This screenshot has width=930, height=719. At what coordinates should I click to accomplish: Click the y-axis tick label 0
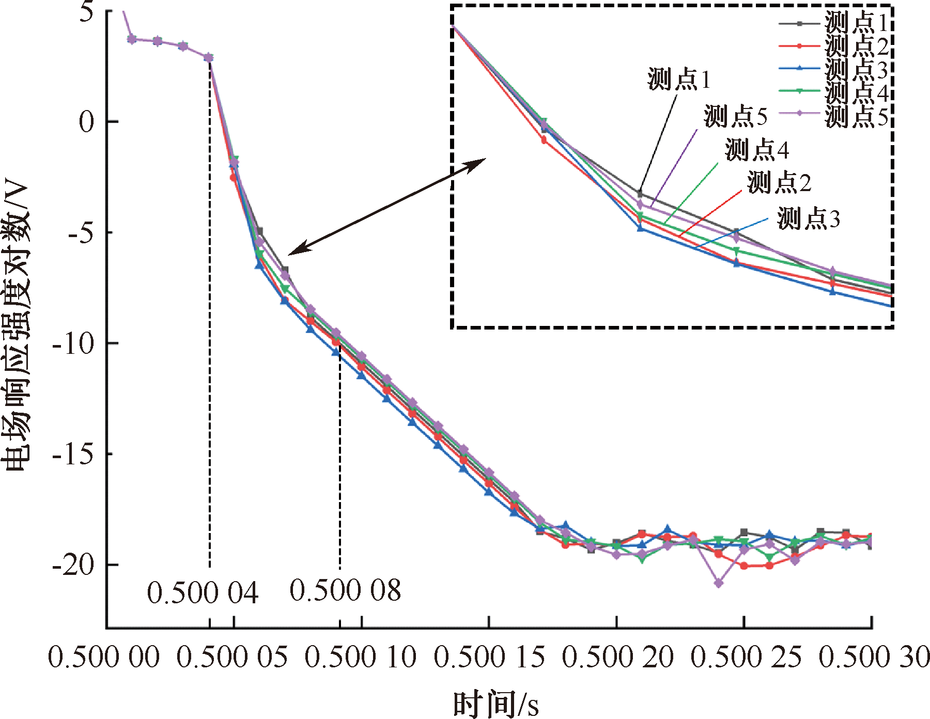coord(87,122)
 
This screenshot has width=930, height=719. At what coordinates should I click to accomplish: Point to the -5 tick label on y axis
coord(81,233)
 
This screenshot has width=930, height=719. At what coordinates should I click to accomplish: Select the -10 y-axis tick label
coord(73,343)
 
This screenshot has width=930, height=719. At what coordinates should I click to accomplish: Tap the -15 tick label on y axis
coord(73,454)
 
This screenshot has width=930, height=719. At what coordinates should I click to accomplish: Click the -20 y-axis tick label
coord(73,565)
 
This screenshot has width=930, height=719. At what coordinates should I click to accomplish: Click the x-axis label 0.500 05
coord(232,658)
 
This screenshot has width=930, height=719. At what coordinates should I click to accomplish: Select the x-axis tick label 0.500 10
coord(360,658)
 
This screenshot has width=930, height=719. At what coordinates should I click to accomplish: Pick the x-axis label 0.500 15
coord(489,658)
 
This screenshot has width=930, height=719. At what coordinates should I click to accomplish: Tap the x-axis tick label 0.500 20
coord(617,658)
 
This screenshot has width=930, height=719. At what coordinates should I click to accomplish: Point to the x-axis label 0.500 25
coord(746,658)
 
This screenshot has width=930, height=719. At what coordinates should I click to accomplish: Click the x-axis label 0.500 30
coord(874,658)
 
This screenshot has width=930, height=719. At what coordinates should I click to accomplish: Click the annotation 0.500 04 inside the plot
coord(203,592)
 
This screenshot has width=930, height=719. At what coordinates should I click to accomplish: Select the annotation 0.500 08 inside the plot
coord(345,590)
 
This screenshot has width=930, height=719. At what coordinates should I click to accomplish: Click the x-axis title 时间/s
coord(495,704)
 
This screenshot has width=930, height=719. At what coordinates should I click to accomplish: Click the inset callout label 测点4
coord(757,150)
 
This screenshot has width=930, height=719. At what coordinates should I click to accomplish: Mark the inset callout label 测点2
coord(779,182)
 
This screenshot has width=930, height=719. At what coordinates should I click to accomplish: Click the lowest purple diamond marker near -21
coord(719,583)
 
